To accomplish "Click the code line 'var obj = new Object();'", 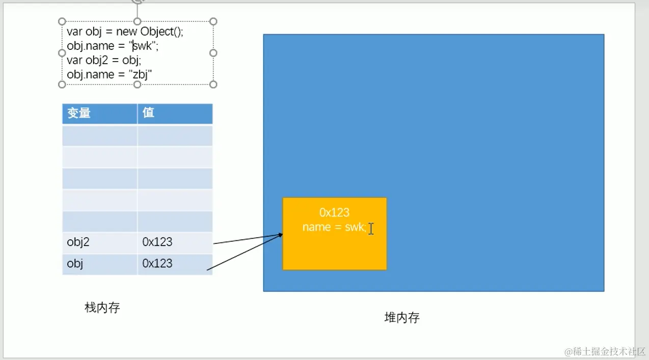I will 125,32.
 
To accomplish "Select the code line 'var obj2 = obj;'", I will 104,60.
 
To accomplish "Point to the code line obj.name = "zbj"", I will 110,75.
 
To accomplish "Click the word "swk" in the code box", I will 142,46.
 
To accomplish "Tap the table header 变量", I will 79,113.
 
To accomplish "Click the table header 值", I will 148,113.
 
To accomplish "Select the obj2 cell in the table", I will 78,242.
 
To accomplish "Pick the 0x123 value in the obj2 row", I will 157,242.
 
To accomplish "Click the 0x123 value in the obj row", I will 157,264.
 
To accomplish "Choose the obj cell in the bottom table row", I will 75,264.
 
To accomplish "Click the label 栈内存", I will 102,308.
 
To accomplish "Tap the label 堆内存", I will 402,318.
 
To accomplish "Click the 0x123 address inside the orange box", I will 334,213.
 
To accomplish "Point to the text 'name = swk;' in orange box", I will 334,227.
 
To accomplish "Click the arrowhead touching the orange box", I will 280,235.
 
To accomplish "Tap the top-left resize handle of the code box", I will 62,21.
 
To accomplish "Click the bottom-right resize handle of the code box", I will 213,84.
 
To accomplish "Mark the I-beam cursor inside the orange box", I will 371,229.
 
